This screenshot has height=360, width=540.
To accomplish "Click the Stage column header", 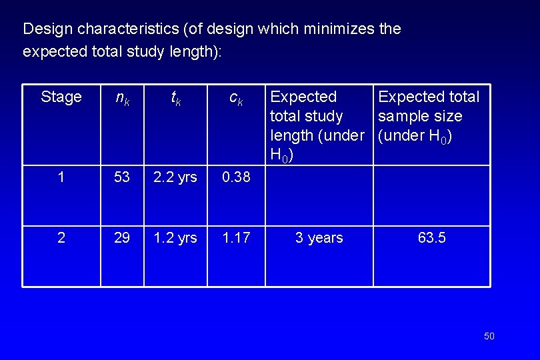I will [61, 97].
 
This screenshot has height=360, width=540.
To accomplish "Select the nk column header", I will [122, 98].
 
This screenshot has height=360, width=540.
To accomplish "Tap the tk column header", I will [175, 98].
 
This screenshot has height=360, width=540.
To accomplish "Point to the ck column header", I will [236, 98].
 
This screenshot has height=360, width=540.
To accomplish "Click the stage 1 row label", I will [61, 178].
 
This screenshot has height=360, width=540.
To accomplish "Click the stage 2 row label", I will [61, 238].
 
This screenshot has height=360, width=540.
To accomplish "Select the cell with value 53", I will [122, 178].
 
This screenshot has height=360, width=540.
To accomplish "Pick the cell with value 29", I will [122, 238].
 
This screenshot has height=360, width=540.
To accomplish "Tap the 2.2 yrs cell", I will [175, 178].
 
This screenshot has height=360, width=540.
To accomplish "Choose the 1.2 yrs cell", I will [175, 238].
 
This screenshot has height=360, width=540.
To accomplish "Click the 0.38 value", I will [236, 178].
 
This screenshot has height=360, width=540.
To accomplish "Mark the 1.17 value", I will [236, 238].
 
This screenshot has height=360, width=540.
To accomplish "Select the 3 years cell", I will [319, 238].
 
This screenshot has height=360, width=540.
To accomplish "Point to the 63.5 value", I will [432, 238].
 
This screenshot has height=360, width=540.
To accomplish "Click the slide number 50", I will [489, 336].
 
